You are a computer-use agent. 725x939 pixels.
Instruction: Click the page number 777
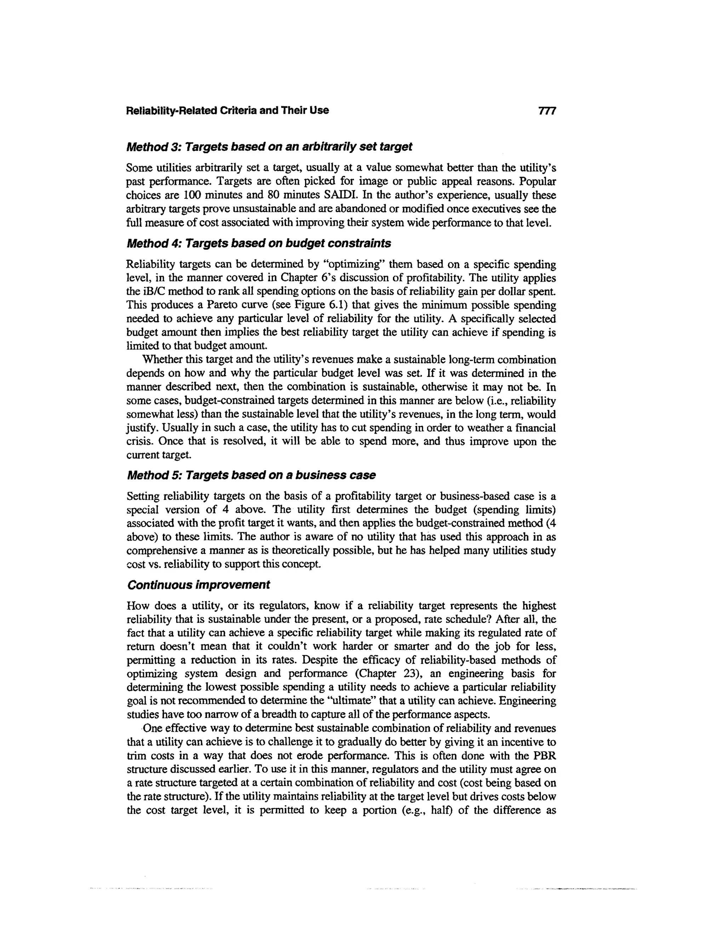click(x=547, y=111)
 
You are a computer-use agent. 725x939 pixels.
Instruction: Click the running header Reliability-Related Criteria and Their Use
click(x=227, y=111)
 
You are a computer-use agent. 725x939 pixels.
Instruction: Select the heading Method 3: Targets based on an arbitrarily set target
click(x=269, y=147)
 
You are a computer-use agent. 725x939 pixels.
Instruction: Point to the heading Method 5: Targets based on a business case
click(x=251, y=475)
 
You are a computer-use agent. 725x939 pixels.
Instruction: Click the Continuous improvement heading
click(x=199, y=585)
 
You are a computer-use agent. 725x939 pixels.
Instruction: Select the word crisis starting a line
click(x=138, y=442)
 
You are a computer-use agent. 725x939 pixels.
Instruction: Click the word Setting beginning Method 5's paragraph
click(x=145, y=496)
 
